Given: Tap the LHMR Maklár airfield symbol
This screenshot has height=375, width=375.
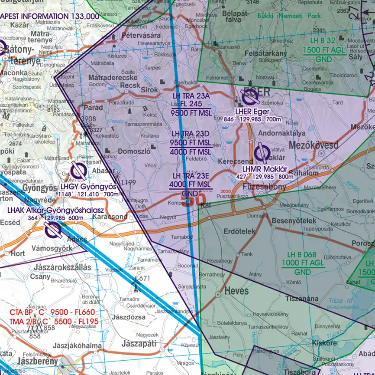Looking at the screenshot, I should pos(262,152).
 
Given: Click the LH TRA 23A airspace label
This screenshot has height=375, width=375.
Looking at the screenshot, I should pos(190,96).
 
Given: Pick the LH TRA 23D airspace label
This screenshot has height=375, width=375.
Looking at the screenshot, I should pos(191,134).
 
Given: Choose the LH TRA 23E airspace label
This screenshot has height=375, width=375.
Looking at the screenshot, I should pos(191,176).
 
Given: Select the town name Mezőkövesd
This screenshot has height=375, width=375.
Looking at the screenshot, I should pos(313,145).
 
